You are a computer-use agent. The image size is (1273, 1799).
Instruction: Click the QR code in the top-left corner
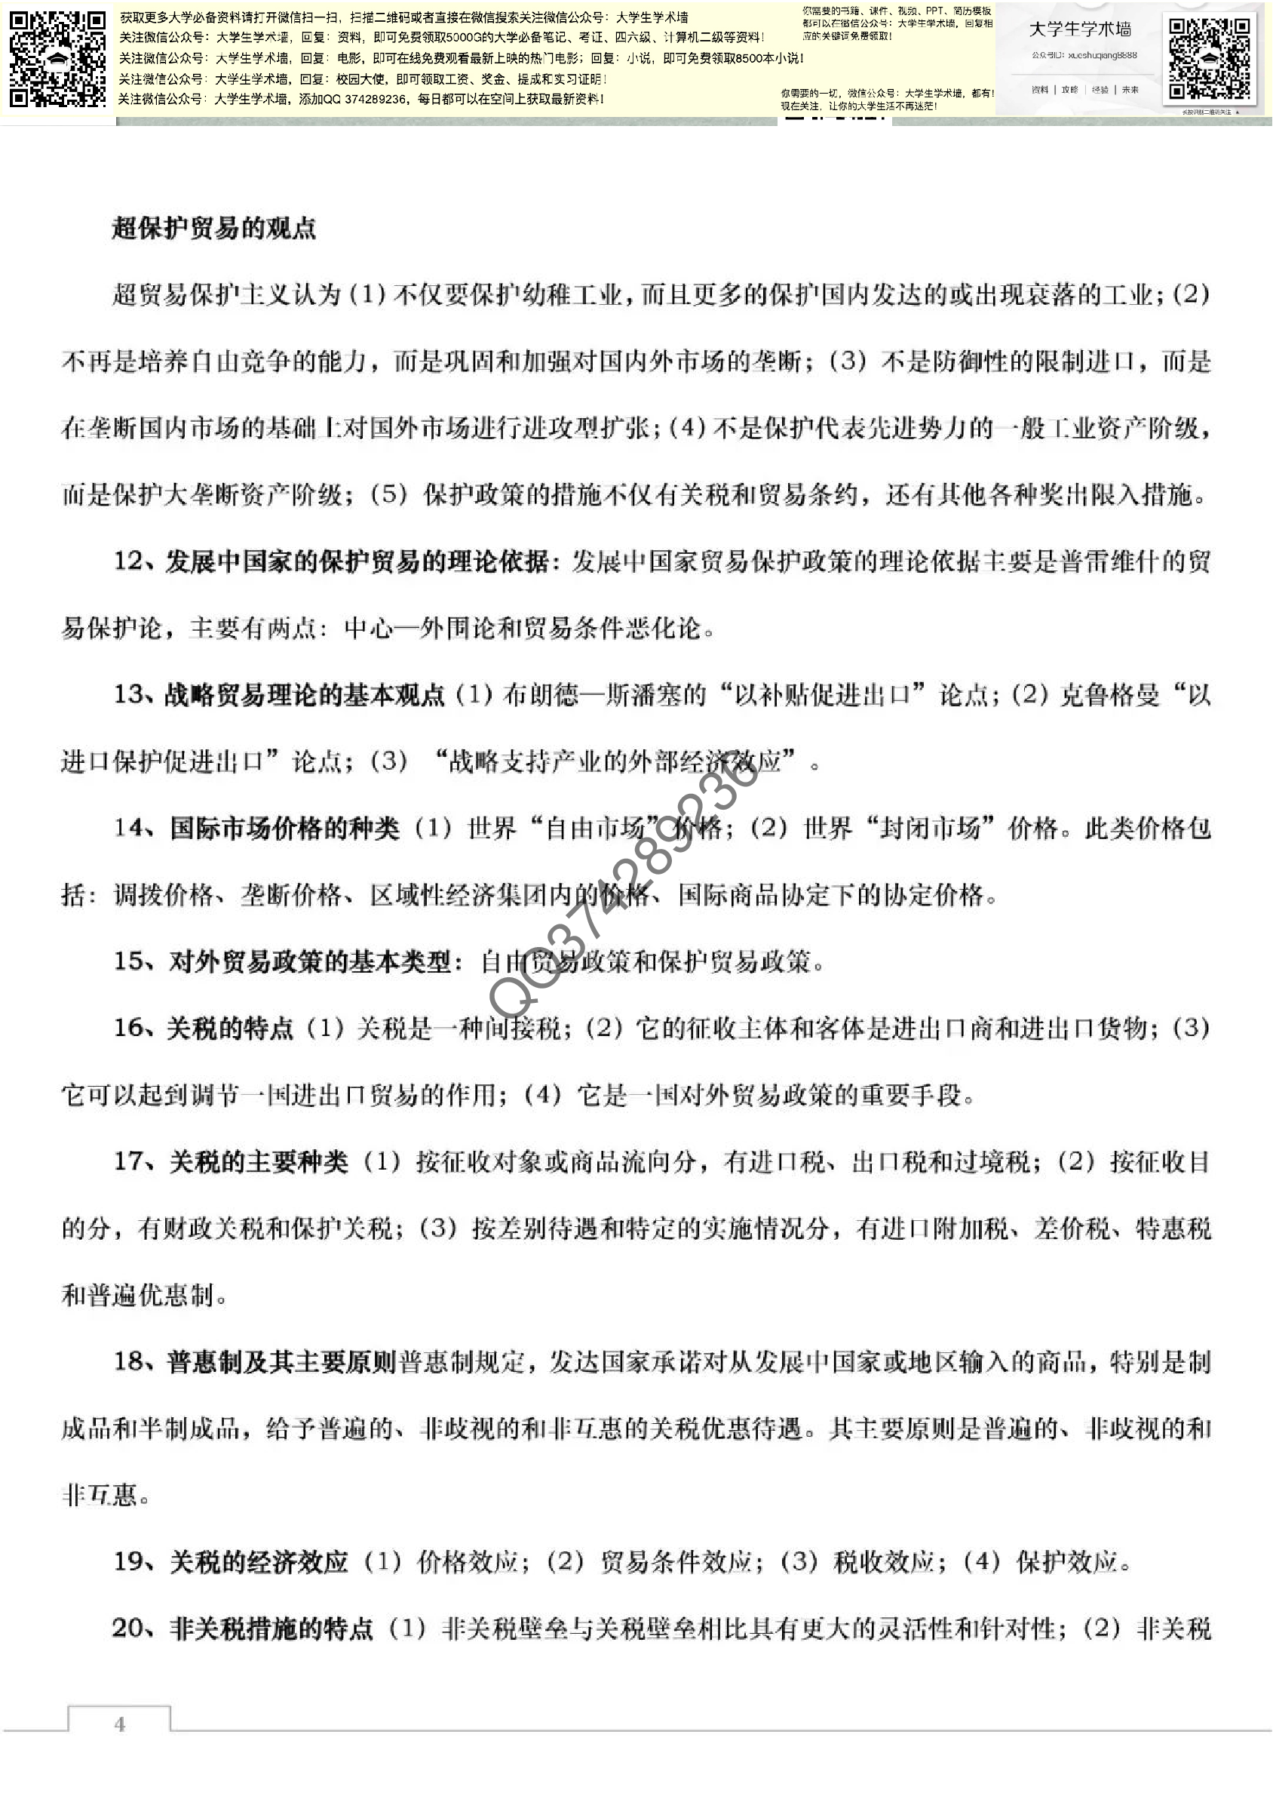coord(57,59)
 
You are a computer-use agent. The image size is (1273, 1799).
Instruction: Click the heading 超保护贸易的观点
coord(213,228)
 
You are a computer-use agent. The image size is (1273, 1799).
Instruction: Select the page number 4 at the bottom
coord(119,1724)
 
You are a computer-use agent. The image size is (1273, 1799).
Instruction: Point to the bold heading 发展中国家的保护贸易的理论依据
coord(356,561)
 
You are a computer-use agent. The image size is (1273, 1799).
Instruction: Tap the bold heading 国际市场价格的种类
coord(284,828)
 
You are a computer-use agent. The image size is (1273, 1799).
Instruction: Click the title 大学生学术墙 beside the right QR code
coord(1079,29)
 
